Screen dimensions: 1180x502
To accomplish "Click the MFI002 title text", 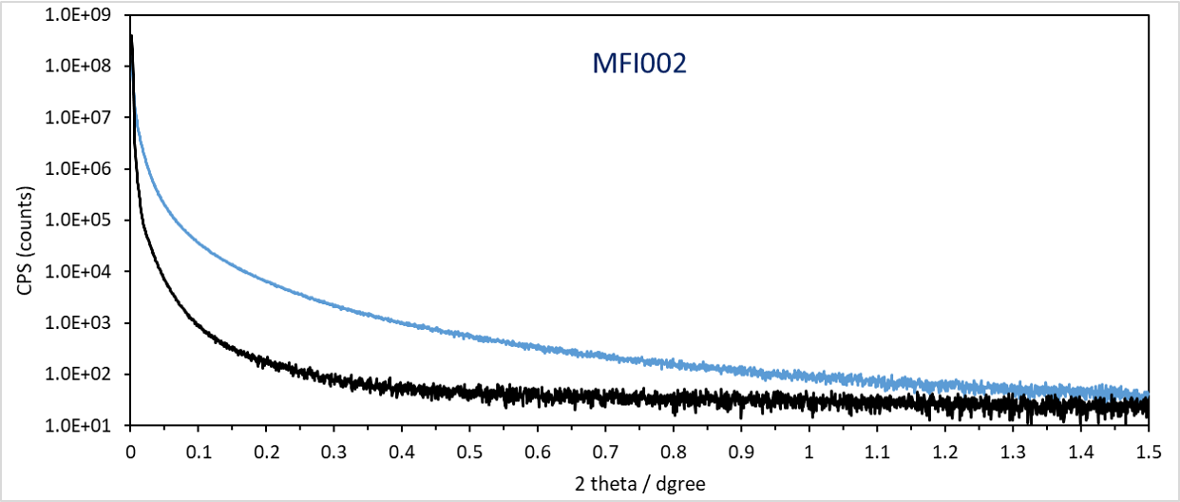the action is pos(639,64).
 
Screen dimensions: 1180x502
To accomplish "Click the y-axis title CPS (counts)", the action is pos(25,241).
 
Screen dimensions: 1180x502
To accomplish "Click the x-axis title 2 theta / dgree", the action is pos(639,484).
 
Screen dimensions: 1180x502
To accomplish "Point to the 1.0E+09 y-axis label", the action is pos(78,15).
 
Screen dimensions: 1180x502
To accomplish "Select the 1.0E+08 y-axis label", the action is pos(78,66).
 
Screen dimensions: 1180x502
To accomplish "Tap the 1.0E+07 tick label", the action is pos(78,117).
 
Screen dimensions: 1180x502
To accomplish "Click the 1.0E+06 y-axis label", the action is pos(78,168).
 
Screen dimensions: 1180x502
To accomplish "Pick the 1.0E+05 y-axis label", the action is pos(78,220).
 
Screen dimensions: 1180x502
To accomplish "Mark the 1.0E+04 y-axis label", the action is pos(78,271).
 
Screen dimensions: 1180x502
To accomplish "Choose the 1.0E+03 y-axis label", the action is pos(78,322).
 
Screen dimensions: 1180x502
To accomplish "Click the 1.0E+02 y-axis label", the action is pos(78,374).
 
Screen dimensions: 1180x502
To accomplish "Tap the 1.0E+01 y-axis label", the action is pos(78,425).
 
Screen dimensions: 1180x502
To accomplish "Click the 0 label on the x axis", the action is pos(131,452).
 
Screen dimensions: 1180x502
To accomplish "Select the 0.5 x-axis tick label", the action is pos(470,452).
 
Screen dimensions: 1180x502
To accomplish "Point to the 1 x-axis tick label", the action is pos(809,452).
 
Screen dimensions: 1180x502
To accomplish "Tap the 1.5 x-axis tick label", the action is pos(1149,452).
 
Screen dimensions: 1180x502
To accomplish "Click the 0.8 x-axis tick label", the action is pos(674,452).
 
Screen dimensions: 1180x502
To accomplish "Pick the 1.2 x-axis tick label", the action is pos(945,452).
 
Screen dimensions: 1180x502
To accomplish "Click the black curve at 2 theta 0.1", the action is pos(199,324).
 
